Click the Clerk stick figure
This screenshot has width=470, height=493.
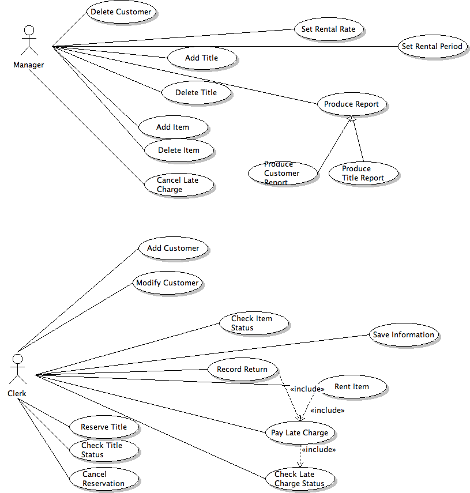[x=17, y=370]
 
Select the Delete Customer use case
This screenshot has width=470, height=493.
[x=121, y=12]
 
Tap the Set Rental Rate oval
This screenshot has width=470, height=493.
[x=329, y=29]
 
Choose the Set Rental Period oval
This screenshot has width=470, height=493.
[x=432, y=47]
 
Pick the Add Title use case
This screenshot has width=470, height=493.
[x=201, y=58]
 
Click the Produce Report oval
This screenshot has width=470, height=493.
[x=351, y=104]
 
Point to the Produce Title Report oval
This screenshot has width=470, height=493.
[x=363, y=174]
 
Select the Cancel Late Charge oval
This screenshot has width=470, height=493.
[x=179, y=185]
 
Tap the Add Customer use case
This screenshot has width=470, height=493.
[x=173, y=249]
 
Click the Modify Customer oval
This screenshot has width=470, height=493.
[x=167, y=283]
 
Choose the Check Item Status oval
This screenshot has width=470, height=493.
[x=253, y=323]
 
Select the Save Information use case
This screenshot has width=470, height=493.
[x=403, y=335]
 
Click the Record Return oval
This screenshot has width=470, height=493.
[x=242, y=370]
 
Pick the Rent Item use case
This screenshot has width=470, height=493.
[x=352, y=387]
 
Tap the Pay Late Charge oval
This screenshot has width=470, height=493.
[x=299, y=433]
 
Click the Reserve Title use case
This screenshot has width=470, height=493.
[x=104, y=427]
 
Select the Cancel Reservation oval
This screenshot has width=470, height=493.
[x=104, y=479]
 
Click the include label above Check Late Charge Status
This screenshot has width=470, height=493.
[x=318, y=449]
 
